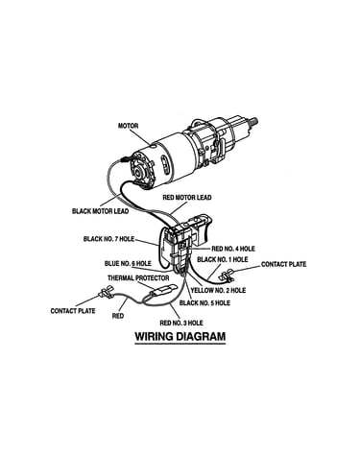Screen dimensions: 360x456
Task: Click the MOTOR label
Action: pos(128,126)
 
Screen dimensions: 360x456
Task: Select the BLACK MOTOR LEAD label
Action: pos(101,211)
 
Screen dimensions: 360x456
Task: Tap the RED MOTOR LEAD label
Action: pos(187,198)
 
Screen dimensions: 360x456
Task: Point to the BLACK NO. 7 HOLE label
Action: pos(108,239)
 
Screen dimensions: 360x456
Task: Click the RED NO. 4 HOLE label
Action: pos(233,249)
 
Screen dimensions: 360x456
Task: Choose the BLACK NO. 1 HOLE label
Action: pos(223,259)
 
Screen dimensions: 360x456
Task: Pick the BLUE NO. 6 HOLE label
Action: pos(128,263)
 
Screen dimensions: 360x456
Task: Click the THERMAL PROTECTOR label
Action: pos(138,278)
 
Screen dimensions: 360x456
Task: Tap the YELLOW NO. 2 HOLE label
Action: pos(218,290)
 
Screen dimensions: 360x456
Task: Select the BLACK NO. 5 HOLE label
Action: pos(204,302)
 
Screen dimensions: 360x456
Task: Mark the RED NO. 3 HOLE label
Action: pos(181,323)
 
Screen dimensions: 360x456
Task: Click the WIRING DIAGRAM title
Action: pos(180,337)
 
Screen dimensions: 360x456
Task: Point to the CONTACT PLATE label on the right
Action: pos(284,264)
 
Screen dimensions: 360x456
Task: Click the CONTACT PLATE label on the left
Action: pos(73,311)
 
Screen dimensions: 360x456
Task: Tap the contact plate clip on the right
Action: pos(228,276)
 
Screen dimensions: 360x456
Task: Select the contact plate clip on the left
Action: pos(107,292)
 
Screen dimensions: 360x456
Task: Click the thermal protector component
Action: pos(163,289)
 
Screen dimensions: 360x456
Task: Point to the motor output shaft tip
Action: pos(256,121)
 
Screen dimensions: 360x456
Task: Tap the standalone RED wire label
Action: pos(118,316)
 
